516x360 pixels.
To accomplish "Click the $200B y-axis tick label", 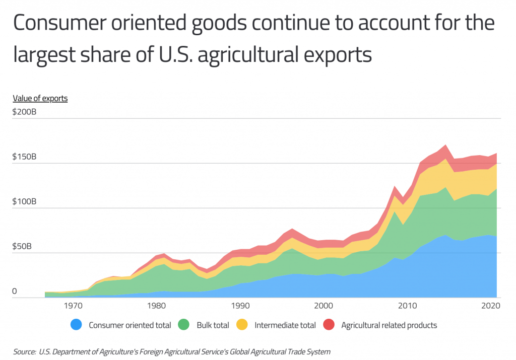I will coord(24,112).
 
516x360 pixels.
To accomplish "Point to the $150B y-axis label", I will coord(24,157).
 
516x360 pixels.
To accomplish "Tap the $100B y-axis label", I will coord(24,201).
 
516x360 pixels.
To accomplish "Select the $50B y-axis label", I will coord(23,246).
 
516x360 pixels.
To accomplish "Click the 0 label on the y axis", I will coord(15,291).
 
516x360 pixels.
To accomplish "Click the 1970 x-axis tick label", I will coord(73,306).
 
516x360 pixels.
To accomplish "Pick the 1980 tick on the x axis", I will coord(157,306).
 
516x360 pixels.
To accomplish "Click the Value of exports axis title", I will coord(40,98).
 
